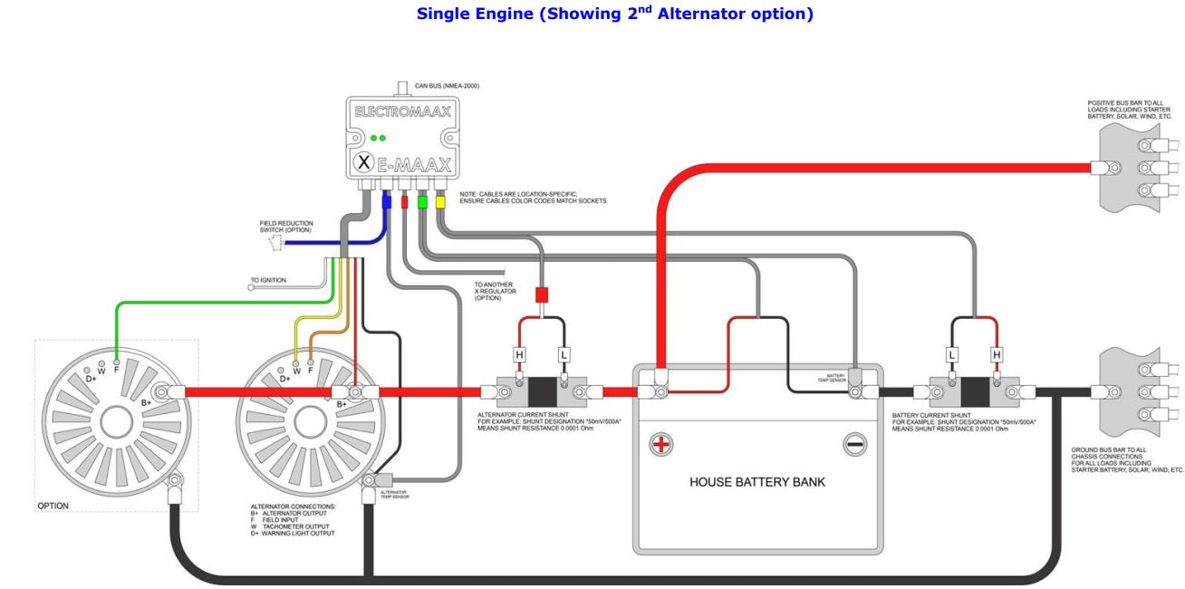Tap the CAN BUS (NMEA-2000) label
447,86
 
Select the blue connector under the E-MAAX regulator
387,201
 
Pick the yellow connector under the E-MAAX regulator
440,201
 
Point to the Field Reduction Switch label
285,227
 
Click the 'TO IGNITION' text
268,281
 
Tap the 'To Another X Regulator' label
496,291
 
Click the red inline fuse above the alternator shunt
542,295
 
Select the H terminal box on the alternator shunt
519,354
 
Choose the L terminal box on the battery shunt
952,354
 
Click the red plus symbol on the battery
662,444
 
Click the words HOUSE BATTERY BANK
757,482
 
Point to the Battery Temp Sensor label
835,377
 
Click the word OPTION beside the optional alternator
53,506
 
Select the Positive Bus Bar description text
1130,110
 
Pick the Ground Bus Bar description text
1127,460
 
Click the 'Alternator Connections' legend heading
293,507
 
